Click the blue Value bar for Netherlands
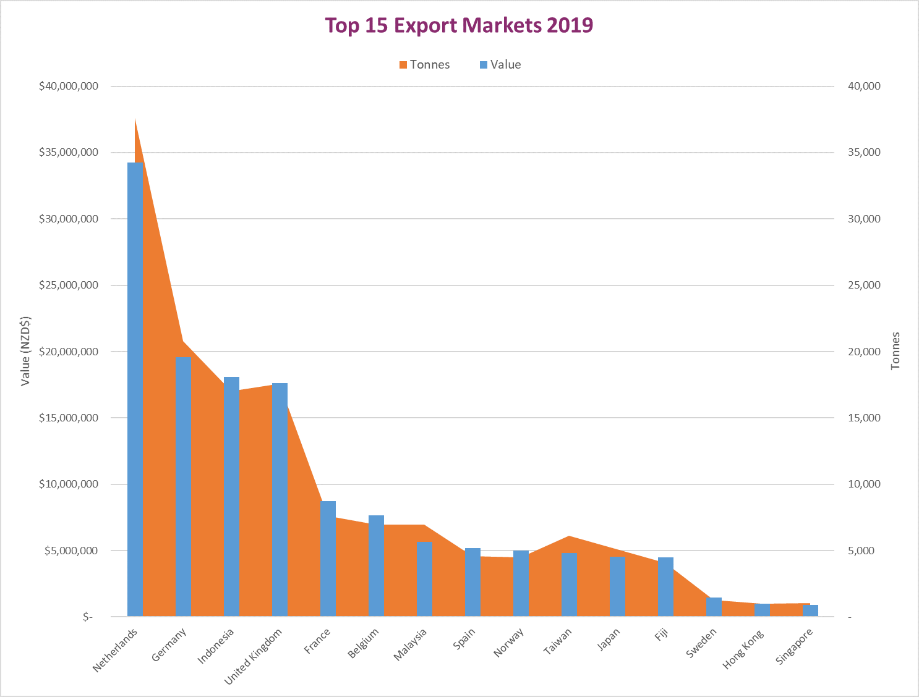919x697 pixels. point(135,389)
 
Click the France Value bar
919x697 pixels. point(328,559)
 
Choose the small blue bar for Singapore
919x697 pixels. point(810,610)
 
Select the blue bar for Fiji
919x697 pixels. point(665,587)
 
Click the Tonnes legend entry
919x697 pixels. point(425,65)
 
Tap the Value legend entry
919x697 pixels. point(500,65)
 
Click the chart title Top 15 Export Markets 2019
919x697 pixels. point(459,25)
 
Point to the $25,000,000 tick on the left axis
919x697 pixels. point(68,285)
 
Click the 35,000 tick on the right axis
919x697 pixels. point(864,153)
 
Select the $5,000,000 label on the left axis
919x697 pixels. point(71,551)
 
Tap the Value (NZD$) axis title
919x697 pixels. point(25,351)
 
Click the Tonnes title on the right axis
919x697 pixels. point(895,351)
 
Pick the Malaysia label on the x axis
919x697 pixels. point(411,644)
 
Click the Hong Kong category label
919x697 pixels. point(743,649)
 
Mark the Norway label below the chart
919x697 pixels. point(509,643)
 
